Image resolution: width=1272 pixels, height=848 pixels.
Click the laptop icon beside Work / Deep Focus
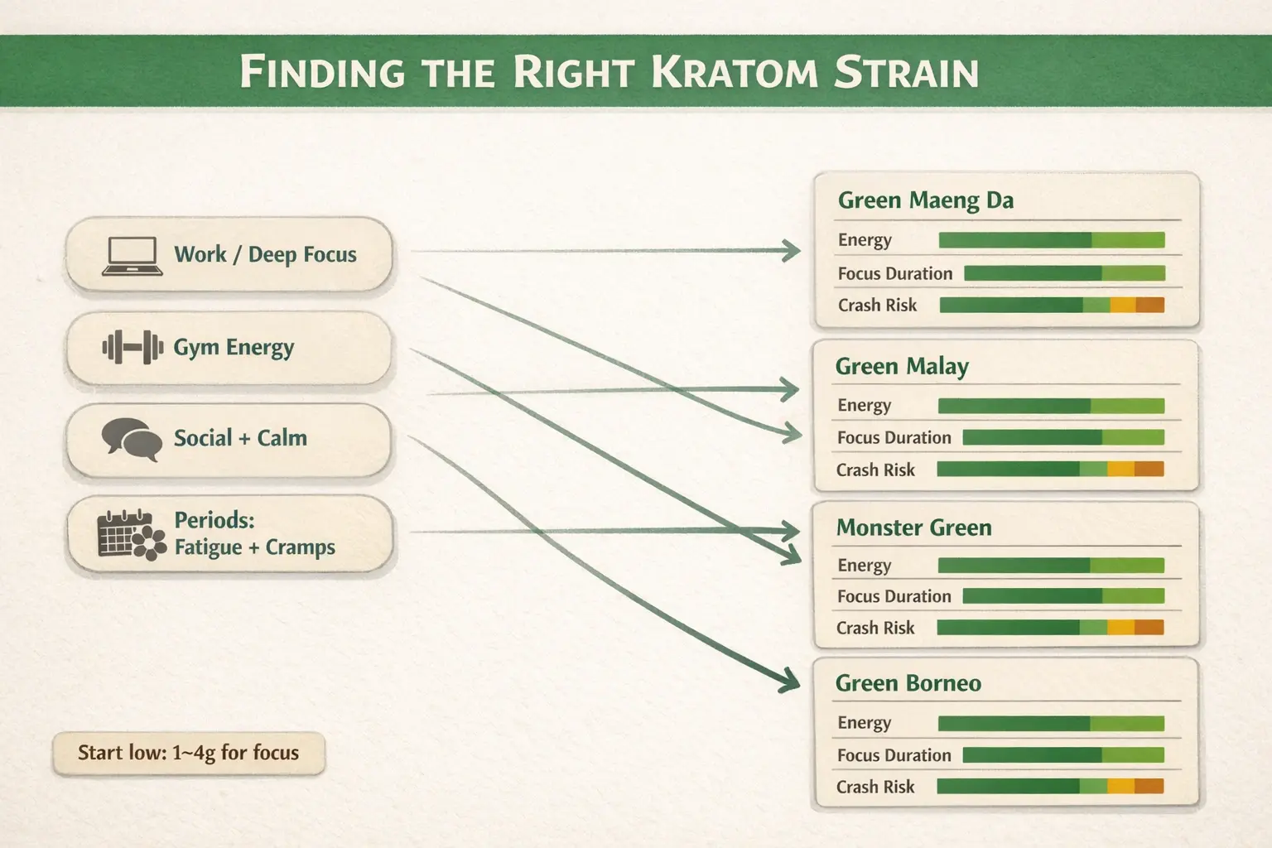[132, 256]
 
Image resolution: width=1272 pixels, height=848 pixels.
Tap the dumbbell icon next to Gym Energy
[132, 348]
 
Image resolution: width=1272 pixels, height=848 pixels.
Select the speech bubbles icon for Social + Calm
[132, 439]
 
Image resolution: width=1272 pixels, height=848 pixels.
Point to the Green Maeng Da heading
[925, 200]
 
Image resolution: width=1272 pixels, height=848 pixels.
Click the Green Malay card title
[902, 366]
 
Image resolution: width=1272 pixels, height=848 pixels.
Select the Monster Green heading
[913, 528]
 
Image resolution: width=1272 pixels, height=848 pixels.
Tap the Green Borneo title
[908, 683]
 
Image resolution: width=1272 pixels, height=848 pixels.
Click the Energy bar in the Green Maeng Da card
[1051, 240]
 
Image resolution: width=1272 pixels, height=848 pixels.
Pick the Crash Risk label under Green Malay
[875, 470]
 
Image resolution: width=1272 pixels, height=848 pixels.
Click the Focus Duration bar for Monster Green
[1062, 595]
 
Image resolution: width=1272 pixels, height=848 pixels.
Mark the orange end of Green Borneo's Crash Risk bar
[1149, 786]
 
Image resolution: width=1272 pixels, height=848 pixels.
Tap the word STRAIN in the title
[906, 72]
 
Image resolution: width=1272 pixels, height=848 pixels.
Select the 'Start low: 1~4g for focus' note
[188, 753]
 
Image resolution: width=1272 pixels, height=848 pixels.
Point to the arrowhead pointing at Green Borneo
[788, 681]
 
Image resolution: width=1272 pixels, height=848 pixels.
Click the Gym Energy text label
[234, 348]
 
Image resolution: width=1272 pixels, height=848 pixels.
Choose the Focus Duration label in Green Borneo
[894, 755]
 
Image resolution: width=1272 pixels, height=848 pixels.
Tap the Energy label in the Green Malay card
[864, 405]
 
